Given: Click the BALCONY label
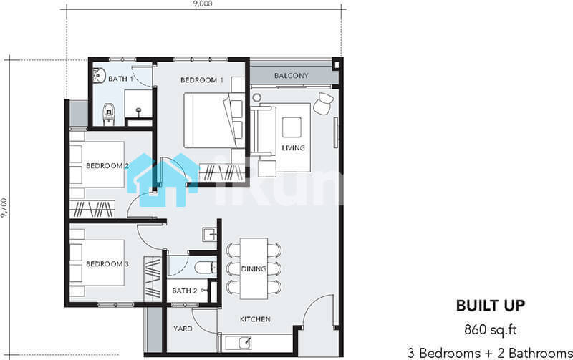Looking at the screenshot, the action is click(x=292, y=76).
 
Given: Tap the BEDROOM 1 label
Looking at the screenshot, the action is click(x=202, y=80).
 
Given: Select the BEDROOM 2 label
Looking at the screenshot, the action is click(x=107, y=166).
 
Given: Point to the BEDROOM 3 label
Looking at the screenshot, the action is click(x=107, y=263).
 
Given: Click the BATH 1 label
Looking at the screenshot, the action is click(x=120, y=79).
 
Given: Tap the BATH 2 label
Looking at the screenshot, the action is click(x=185, y=291).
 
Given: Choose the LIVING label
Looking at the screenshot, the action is click(x=293, y=148).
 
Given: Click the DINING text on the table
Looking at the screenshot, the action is click(x=254, y=268).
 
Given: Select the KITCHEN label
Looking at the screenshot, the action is click(x=255, y=319).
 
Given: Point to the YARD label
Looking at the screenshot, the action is click(x=183, y=329).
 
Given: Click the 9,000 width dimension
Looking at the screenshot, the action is click(x=203, y=4).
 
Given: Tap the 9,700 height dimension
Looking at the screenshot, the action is click(x=4, y=208).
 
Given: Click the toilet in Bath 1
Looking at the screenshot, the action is click(x=109, y=114).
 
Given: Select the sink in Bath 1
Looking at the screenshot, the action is click(x=99, y=76).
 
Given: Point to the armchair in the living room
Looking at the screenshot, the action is click(x=324, y=103).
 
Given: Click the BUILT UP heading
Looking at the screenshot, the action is click(x=491, y=306).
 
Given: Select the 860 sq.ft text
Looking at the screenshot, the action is click(x=491, y=329).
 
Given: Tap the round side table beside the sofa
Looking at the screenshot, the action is click(x=257, y=97).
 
